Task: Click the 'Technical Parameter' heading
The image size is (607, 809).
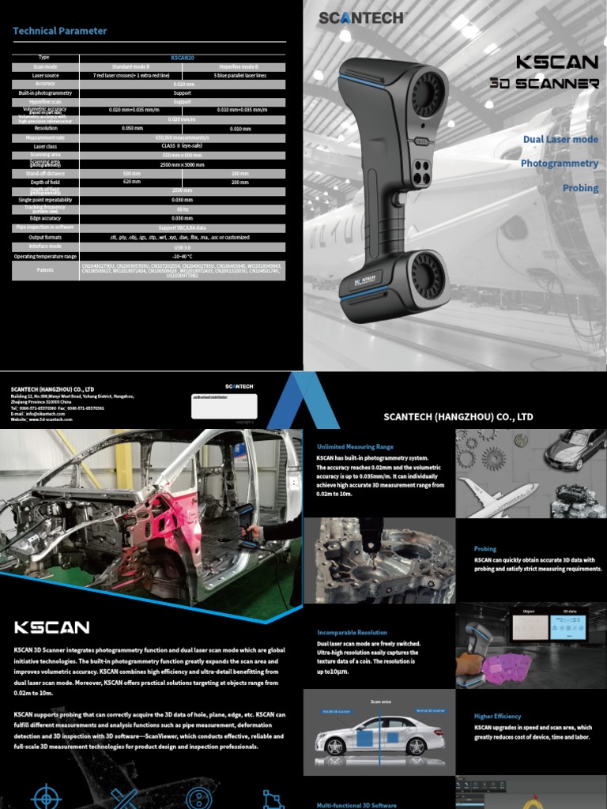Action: click(x=59, y=31)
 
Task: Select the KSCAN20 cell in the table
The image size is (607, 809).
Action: click(x=183, y=58)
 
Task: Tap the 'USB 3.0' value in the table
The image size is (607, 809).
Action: click(x=183, y=246)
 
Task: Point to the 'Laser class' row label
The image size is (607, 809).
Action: click(x=44, y=146)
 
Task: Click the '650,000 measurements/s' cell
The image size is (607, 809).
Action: click(x=183, y=137)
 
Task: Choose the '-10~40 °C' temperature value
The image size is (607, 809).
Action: click(x=183, y=256)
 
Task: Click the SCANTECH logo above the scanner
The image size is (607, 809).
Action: click(x=363, y=17)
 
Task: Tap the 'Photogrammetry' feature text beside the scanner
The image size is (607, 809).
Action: click(x=559, y=164)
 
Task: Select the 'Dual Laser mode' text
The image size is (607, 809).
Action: click(x=560, y=139)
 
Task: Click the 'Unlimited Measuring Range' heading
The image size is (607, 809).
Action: click(x=355, y=446)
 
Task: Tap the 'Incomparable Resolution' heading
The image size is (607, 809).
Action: click(x=352, y=633)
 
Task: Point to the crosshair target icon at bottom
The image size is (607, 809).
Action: click(x=45, y=796)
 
